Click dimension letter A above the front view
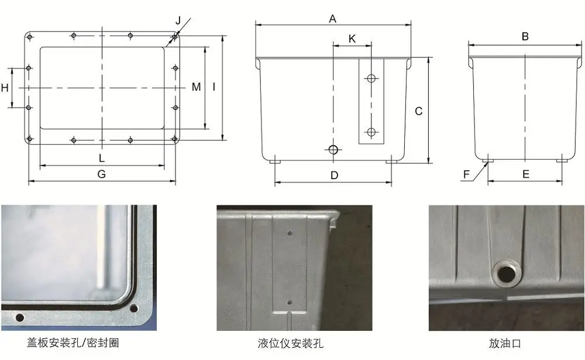pos(332,18)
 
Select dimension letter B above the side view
pos(525,37)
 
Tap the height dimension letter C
pos(418,111)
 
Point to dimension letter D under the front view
pos(334,175)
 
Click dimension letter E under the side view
pos(525,174)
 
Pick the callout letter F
pos(466,174)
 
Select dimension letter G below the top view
pos(101,174)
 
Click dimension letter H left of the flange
pos(5,88)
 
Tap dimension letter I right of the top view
pos(214,87)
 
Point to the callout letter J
pos(178,20)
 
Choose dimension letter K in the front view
pos(352,39)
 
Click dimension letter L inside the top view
pos(101,158)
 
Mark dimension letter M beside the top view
pos(197,87)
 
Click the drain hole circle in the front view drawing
pos(333,150)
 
